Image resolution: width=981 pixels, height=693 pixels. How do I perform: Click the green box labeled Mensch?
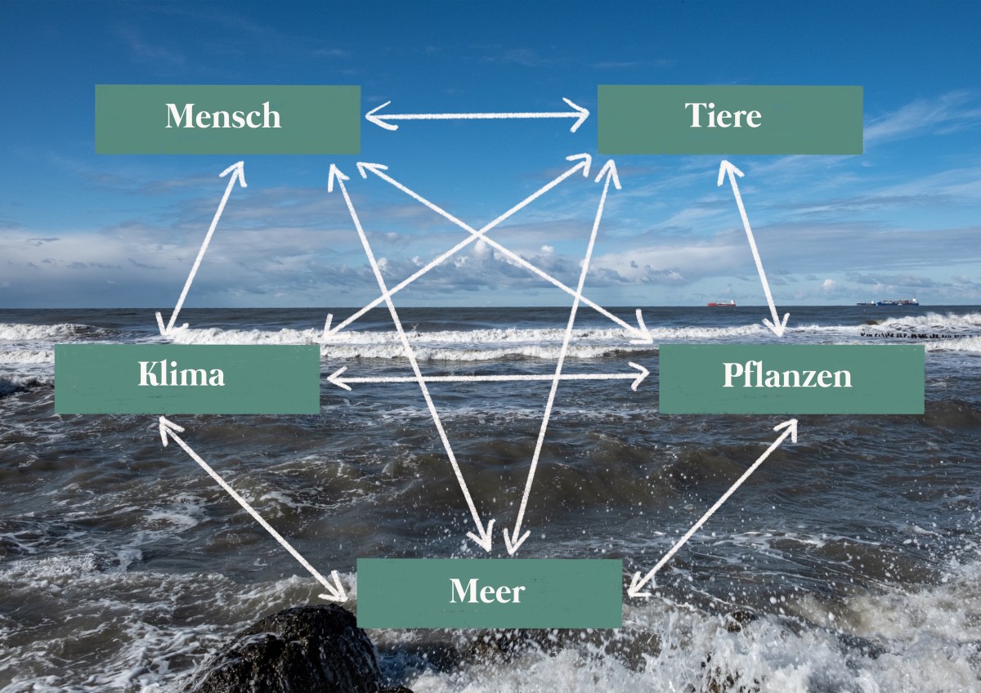(227, 119)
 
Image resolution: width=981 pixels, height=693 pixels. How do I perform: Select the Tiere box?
(729, 119)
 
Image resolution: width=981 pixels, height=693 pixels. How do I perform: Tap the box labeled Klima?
(186, 378)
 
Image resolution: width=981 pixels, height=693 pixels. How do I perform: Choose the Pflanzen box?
(791, 378)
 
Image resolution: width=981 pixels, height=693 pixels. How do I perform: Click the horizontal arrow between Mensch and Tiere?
(477, 115)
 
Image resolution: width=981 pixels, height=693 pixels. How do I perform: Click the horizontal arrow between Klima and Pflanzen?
(488, 378)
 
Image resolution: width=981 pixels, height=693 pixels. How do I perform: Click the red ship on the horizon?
(721, 303)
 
